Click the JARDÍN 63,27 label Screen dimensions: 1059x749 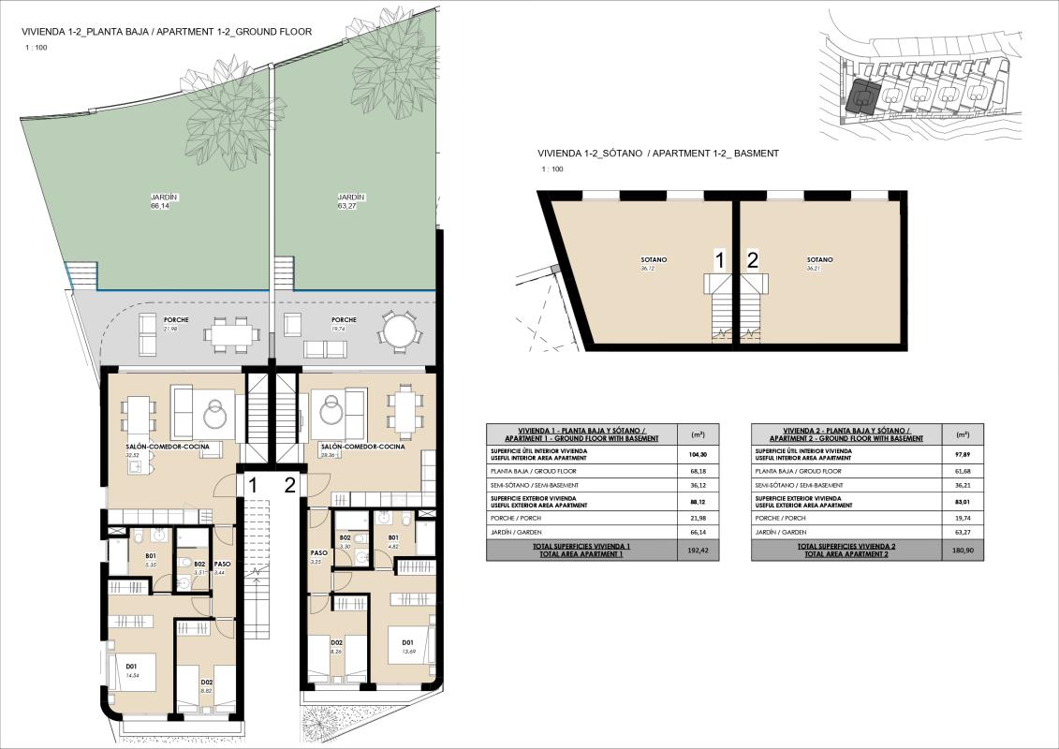point(351,201)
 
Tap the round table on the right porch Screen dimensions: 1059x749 point(399,330)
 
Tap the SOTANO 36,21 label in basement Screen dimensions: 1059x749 point(819,263)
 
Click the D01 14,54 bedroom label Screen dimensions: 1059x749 point(131,670)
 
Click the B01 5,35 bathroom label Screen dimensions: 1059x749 point(150,561)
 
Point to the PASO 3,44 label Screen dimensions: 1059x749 point(222,567)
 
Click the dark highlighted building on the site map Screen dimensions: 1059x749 point(863,97)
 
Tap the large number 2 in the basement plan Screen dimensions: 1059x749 point(753,260)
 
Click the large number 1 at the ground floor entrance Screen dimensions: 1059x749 point(254,484)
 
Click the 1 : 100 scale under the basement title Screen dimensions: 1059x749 point(552,169)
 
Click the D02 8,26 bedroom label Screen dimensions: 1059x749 point(335,645)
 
